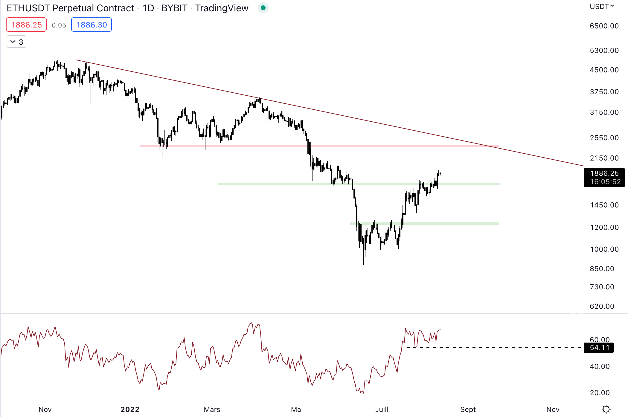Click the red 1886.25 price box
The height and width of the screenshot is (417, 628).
(x=26, y=25)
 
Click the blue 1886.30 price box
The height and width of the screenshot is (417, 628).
(x=92, y=25)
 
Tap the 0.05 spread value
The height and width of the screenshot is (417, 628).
(x=59, y=25)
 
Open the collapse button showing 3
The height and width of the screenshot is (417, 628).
(x=16, y=42)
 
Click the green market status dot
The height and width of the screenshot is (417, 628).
(x=263, y=8)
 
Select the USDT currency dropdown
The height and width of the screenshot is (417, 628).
(x=601, y=7)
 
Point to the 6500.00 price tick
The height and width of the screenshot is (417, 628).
(x=604, y=26)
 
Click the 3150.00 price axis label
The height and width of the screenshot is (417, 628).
(x=604, y=112)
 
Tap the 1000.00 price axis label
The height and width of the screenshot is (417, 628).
(x=604, y=249)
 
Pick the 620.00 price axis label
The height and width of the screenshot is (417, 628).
(x=602, y=306)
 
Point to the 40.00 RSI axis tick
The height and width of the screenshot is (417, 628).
(x=600, y=366)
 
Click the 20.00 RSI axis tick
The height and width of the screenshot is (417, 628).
(x=600, y=393)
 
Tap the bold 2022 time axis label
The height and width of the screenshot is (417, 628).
(x=130, y=410)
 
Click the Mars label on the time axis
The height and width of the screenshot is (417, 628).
(x=212, y=410)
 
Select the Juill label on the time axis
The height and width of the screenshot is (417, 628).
(x=382, y=410)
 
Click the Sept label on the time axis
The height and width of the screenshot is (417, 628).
(x=468, y=410)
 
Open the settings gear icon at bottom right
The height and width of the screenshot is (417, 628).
(x=606, y=409)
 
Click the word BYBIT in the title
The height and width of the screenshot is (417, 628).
(x=174, y=8)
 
